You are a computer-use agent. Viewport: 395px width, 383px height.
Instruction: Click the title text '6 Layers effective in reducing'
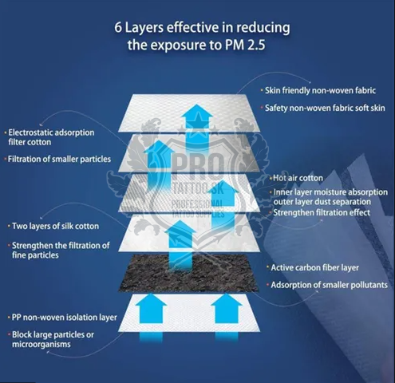point(202,28)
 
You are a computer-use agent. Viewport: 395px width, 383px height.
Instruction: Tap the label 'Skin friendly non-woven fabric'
point(320,90)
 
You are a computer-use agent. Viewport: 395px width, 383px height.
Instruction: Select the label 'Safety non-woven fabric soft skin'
point(325,108)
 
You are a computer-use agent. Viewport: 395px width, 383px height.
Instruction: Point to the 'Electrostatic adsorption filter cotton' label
point(51,137)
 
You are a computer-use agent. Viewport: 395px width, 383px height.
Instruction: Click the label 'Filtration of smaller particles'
point(59,159)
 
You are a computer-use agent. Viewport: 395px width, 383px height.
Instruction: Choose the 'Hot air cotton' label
point(298,178)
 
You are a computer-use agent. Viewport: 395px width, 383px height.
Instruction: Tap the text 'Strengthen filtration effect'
point(322,212)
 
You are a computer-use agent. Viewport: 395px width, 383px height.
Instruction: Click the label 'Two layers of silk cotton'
point(55,226)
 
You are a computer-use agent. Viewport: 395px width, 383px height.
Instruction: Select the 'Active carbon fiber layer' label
point(314,267)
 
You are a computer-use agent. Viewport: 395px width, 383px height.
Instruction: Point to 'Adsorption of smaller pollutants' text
point(329,285)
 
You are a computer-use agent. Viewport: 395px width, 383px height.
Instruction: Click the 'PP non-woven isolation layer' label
point(65,318)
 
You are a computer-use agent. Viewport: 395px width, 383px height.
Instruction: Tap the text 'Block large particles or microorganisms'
point(53,339)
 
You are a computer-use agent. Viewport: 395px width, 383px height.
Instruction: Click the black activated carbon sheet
point(189,273)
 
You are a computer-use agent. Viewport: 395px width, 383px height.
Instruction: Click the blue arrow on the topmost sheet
point(196,125)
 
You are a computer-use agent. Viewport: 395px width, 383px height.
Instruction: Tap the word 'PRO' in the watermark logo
point(198,167)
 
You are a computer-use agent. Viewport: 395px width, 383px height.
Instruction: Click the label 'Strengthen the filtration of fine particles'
point(61,251)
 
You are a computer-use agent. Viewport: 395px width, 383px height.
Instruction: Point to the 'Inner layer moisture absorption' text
point(330,192)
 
